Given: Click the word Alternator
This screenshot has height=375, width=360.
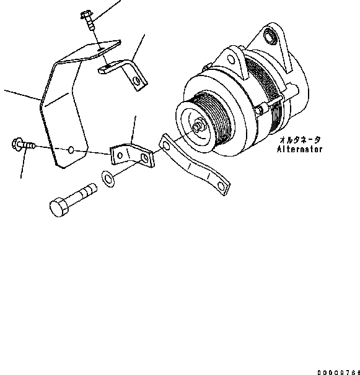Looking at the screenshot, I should (300, 149).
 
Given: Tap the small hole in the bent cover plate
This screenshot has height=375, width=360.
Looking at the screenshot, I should (72, 150).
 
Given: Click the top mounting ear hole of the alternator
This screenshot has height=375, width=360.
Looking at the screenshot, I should (271, 35).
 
